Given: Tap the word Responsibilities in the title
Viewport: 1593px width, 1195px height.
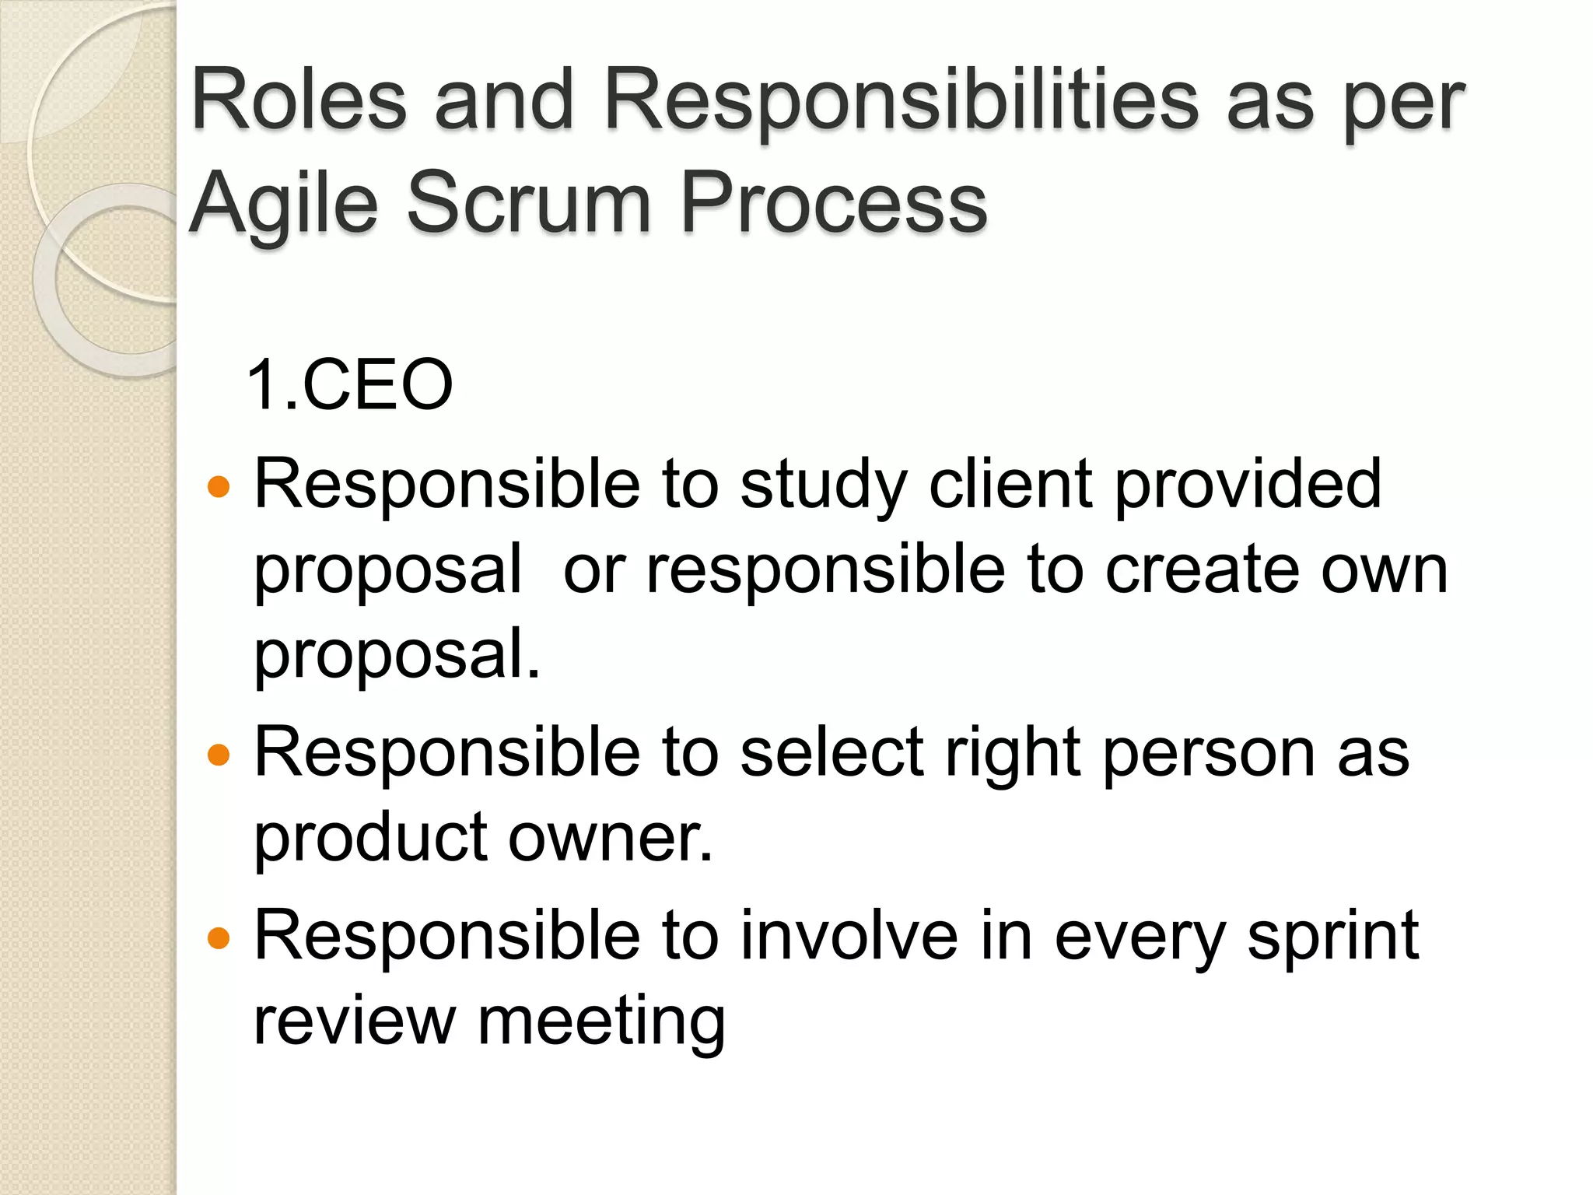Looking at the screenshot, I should pos(901,101).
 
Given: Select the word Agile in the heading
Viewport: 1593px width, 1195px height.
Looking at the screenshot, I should pos(285,204).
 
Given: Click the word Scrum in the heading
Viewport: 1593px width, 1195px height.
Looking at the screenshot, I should pos(529,204).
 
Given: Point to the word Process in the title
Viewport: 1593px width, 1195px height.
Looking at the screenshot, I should pos(833,204).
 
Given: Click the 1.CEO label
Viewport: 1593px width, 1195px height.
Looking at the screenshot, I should pos(349,384).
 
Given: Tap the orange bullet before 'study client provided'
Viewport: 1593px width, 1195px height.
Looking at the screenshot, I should pos(219,487).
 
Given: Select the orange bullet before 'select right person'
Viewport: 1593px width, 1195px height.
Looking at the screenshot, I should pos(219,755).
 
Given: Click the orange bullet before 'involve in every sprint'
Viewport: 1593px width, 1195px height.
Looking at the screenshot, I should pos(219,938).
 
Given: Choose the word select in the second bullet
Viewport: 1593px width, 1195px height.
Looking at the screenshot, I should pos(832,752).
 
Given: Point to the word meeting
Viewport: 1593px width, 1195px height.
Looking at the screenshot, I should pos(601,1022).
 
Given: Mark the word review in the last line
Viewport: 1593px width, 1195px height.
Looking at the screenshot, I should pos(355,1021).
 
